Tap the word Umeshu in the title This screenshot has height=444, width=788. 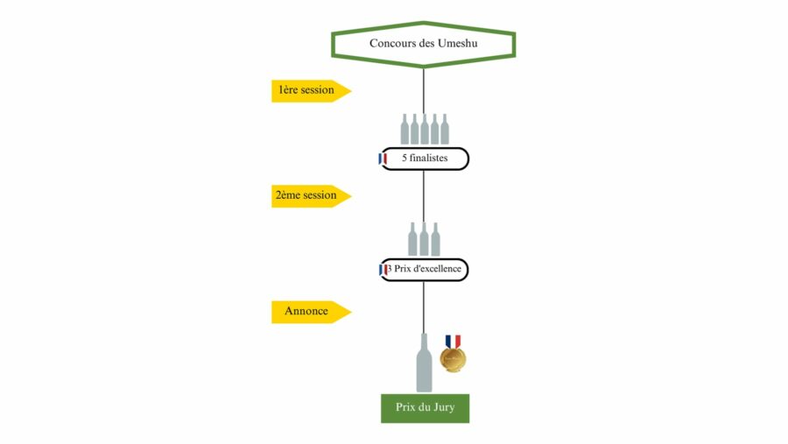coord(457,43)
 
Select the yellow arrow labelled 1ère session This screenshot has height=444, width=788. coord(311,91)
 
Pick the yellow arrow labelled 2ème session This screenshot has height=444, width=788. coord(311,196)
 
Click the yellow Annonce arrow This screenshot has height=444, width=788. coord(311,312)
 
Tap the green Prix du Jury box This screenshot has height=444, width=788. coord(426,408)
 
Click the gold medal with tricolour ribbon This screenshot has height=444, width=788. coord(453,358)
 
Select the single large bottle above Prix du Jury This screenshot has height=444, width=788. coord(424,363)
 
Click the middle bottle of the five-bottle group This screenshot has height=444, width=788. coord(425,130)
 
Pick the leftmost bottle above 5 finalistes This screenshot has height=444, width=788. coord(405,130)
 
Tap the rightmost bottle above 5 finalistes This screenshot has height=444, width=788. coord(445,130)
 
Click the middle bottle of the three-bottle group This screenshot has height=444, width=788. coord(424,239)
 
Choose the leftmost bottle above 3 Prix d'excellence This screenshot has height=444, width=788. coord(412,239)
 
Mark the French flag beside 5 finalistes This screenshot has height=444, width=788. coord(383,159)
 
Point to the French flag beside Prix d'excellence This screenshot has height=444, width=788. coord(383,270)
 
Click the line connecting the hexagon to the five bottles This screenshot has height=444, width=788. coord(423,91)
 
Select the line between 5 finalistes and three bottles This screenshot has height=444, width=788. coord(423,197)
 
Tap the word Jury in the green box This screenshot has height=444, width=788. coord(443,408)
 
